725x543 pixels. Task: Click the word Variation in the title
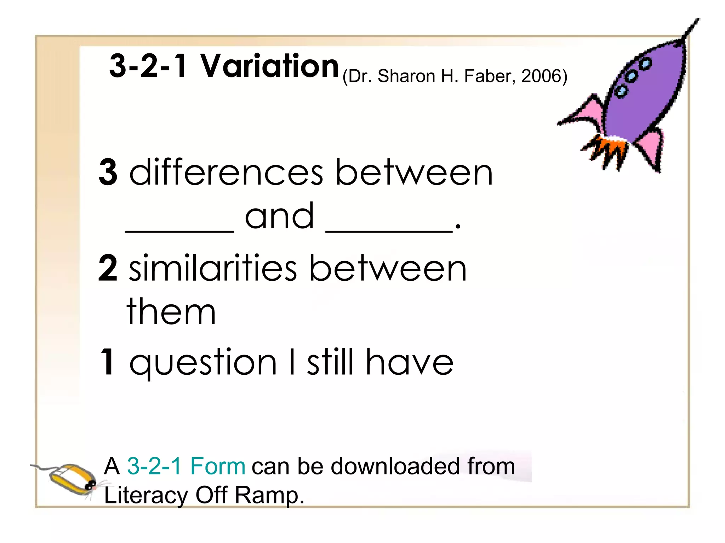(270, 66)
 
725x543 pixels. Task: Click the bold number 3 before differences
(108, 172)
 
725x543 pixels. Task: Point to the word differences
(226, 172)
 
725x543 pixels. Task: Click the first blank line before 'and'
(179, 230)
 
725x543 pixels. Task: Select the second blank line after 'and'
(389, 230)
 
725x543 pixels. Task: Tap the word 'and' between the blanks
(279, 216)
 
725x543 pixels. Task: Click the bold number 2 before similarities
(108, 268)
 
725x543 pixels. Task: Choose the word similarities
(213, 268)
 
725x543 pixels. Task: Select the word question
(203, 362)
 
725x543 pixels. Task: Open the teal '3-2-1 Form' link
(186, 466)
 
